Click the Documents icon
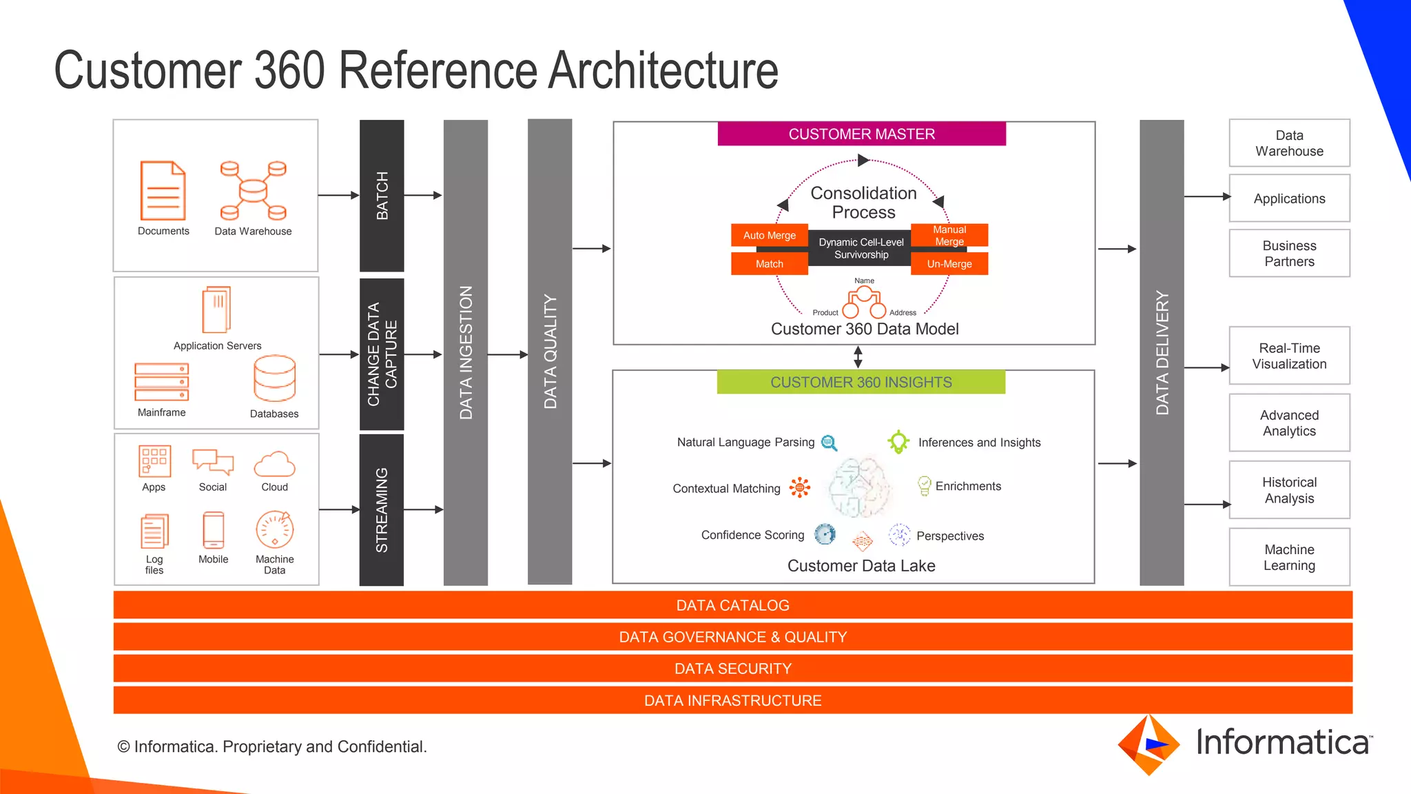[x=163, y=191]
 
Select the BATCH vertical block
[x=382, y=196]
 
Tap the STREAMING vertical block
[x=382, y=510]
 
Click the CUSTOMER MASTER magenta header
[x=861, y=134]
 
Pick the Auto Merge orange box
[x=769, y=235]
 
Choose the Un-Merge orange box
[x=949, y=264]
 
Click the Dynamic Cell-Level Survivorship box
[x=861, y=248]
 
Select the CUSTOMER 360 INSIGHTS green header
[x=861, y=383]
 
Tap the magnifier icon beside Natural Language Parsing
[x=830, y=443]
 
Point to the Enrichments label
[x=967, y=487]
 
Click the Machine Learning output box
[x=1288, y=558]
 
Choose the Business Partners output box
[x=1288, y=254]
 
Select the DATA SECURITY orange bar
[x=732, y=669]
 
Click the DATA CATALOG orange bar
[x=732, y=605]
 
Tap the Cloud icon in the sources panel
[x=274, y=465]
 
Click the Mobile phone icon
[x=214, y=531]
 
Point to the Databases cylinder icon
[x=274, y=378]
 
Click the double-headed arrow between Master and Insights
[x=858, y=357]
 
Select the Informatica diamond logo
[x=1148, y=745]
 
